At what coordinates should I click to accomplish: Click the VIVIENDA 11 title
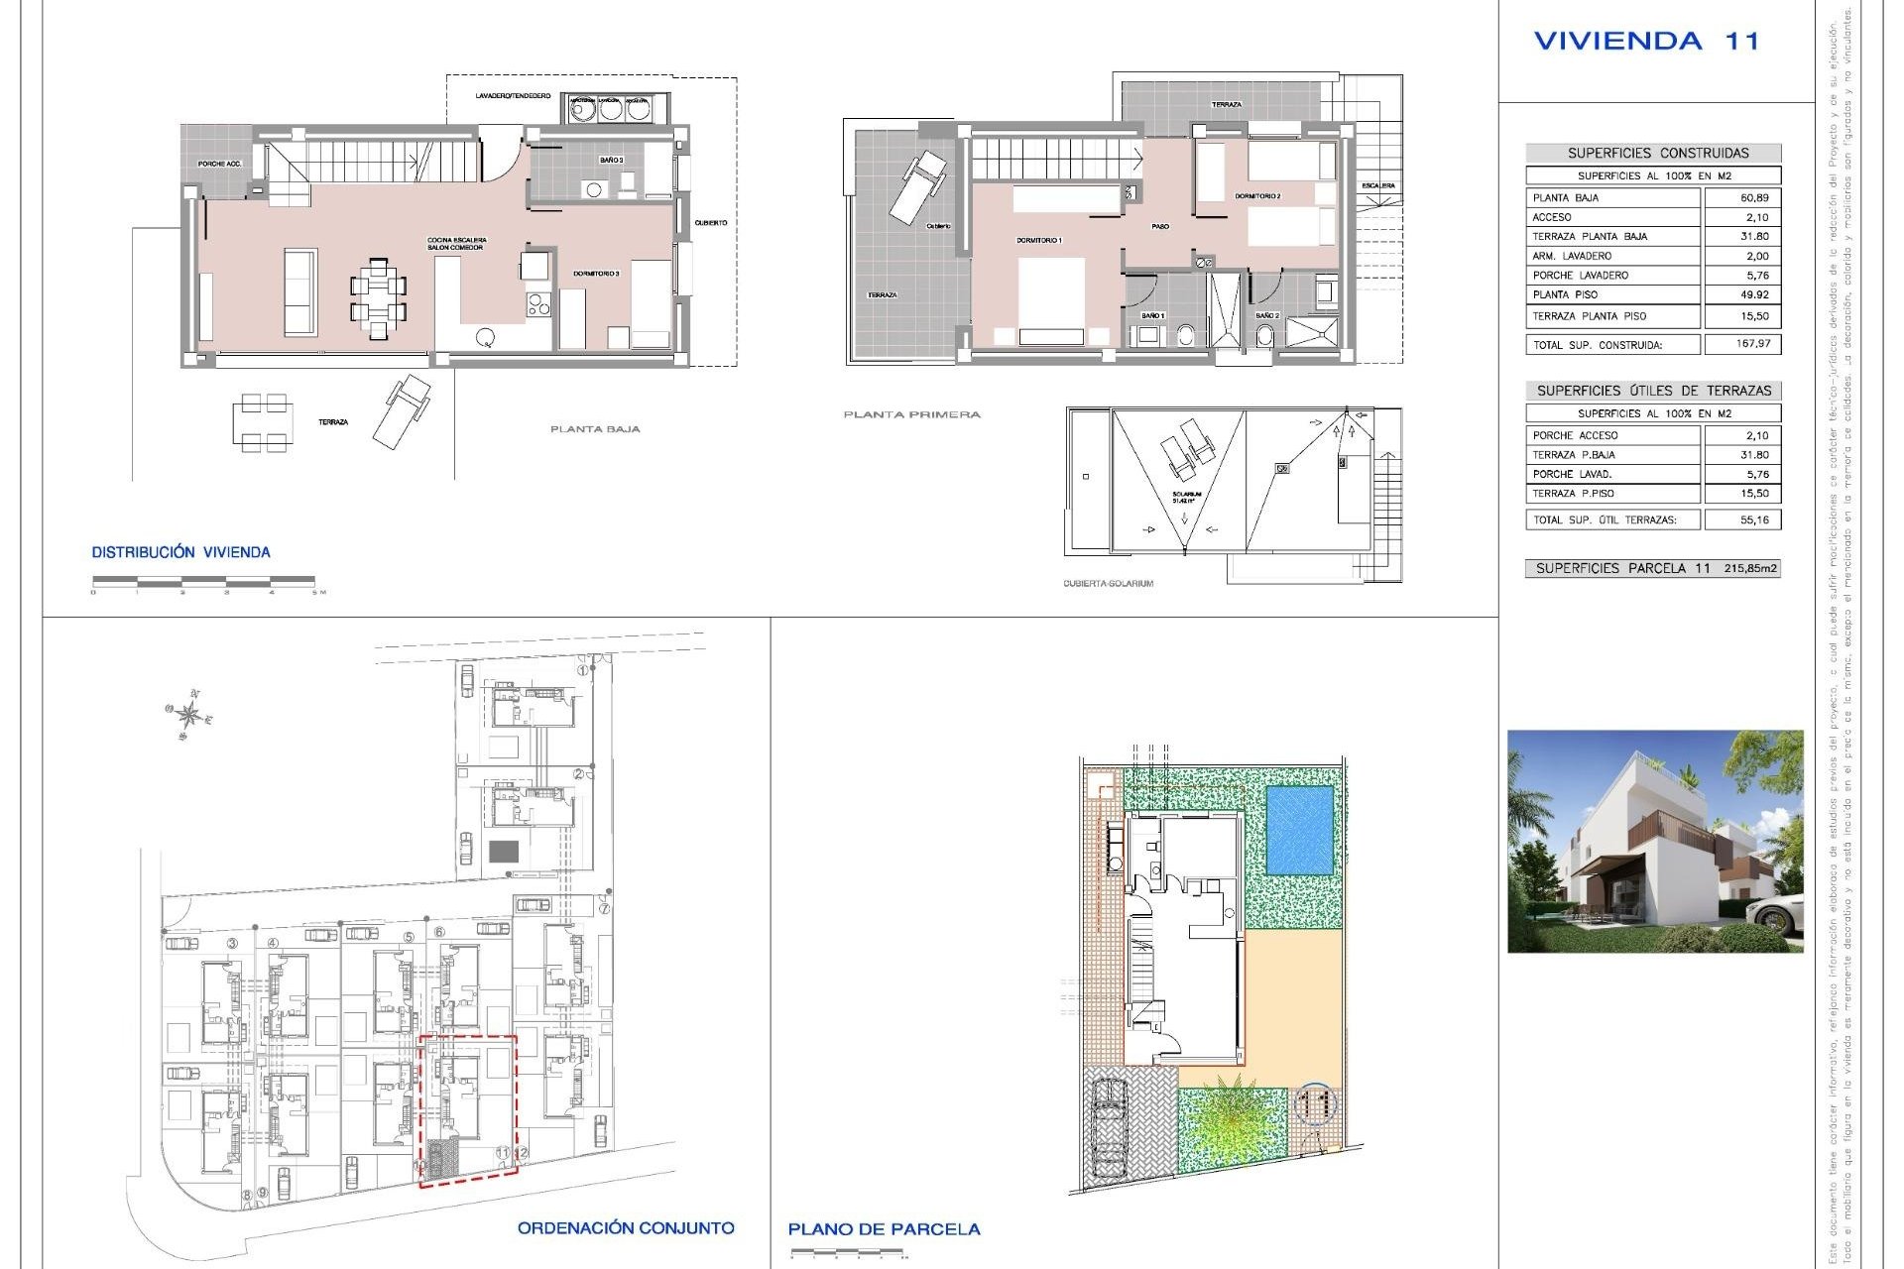click(x=1646, y=41)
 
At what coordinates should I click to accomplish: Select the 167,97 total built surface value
click(x=1754, y=344)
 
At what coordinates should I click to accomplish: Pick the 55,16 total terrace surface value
click(x=1754, y=519)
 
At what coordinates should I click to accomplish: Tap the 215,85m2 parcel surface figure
click(x=1750, y=568)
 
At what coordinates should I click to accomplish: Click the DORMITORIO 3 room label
click(x=596, y=273)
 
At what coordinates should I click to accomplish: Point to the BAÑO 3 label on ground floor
click(x=611, y=160)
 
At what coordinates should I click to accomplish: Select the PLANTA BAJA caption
click(x=595, y=429)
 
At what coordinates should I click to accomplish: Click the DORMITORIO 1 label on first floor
click(x=1038, y=241)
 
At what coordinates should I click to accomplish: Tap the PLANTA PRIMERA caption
click(x=911, y=414)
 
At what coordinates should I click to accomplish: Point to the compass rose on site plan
click(x=190, y=714)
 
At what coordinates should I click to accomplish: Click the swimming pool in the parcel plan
click(x=1300, y=830)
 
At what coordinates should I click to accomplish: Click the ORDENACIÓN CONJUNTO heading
click(x=626, y=1227)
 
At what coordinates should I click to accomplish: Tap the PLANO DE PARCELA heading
click(x=884, y=1228)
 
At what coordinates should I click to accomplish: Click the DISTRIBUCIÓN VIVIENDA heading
click(x=180, y=552)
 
